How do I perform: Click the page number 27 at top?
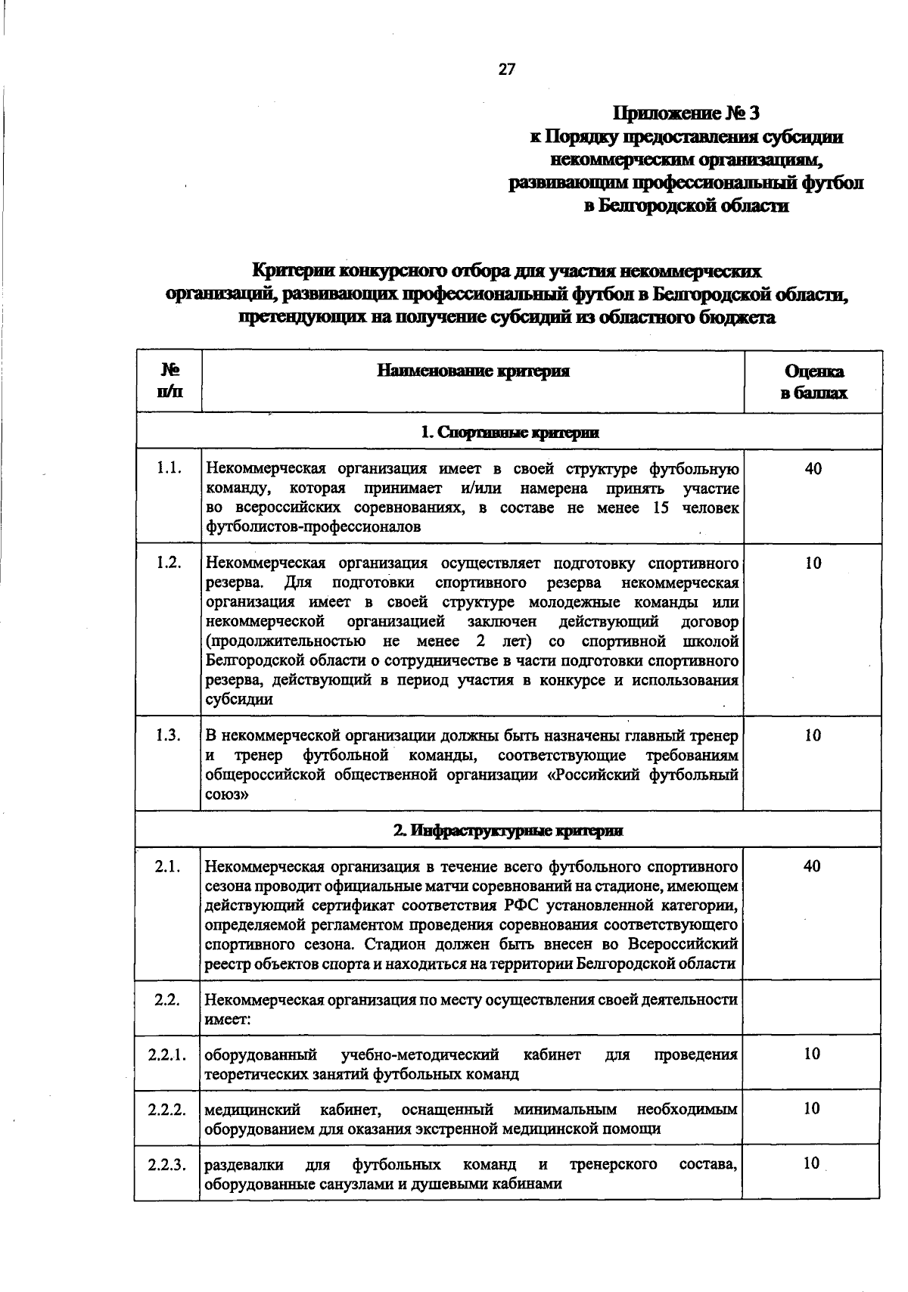(x=506, y=70)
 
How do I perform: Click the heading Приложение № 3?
(x=686, y=113)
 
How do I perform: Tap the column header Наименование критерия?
(x=474, y=371)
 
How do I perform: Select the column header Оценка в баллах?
(x=813, y=382)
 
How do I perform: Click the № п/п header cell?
(x=169, y=380)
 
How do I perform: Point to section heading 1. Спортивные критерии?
(x=509, y=433)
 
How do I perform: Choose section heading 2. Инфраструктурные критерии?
(x=509, y=830)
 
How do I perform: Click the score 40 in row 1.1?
(x=813, y=469)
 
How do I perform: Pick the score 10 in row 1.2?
(x=813, y=564)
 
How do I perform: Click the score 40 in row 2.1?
(x=812, y=866)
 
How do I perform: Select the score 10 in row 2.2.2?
(x=812, y=1109)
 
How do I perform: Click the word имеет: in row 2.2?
(x=228, y=1019)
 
